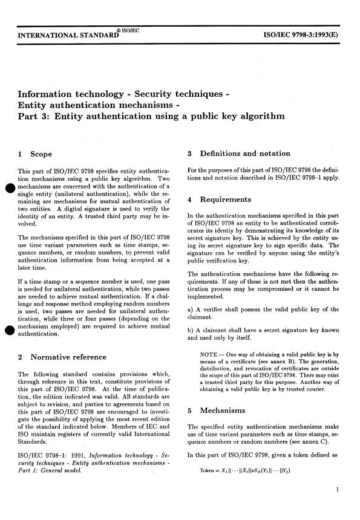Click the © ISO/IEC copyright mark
coord(126,30)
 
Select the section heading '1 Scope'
coord(37,154)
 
